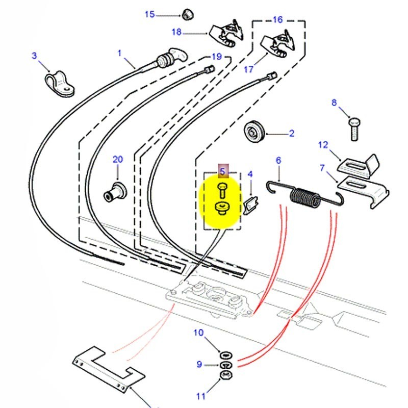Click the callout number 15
click(149, 14)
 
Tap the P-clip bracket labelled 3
click(57, 84)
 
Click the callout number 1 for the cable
click(120, 53)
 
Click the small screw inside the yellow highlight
click(222, 191)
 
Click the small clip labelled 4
click(250, 207)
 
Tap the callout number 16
click(277, 20)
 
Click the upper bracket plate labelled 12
click(360, 166)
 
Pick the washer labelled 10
click(224, 355)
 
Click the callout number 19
click(217, 57)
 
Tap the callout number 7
click(322, 167)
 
